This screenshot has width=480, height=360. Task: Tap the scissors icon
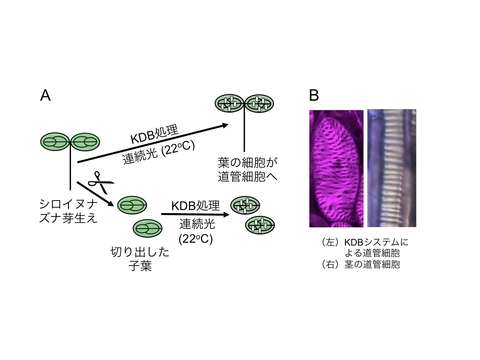98,183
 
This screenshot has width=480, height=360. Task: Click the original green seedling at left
69,145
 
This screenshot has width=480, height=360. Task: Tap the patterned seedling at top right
246,103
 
